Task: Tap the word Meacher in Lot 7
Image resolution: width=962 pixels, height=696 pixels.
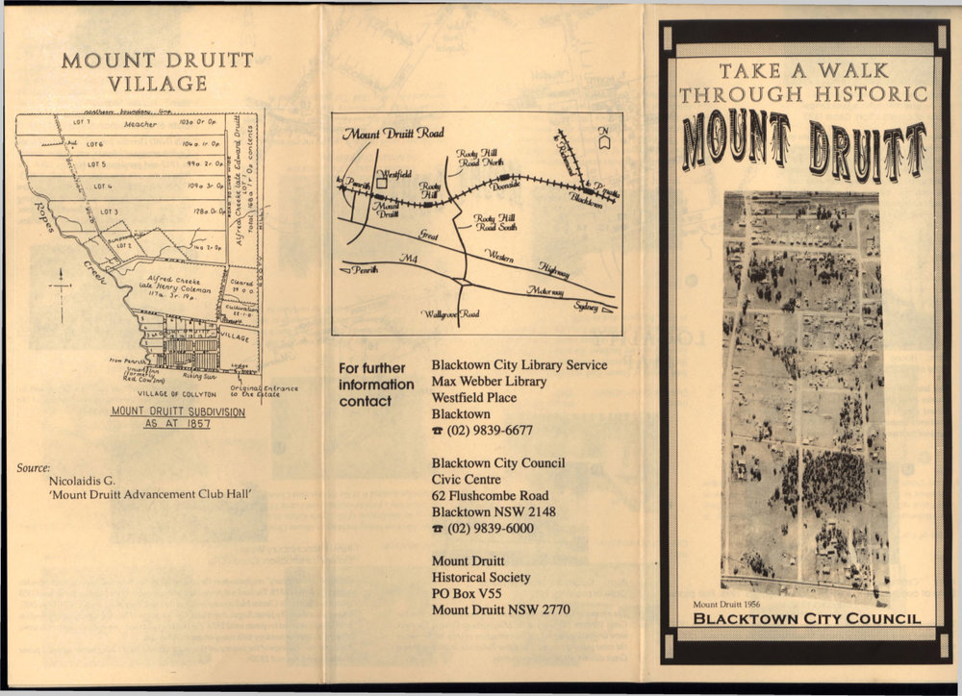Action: [x=139, y=124]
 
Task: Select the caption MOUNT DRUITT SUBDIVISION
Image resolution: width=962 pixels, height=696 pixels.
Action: [x=177, y=411]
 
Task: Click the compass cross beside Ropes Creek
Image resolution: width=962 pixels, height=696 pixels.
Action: [x=61, y=286]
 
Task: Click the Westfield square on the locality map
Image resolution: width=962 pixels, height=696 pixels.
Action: [x=382, y=180]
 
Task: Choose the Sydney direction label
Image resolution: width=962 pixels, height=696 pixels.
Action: [x=586, y=307]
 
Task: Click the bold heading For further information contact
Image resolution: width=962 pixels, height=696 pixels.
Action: [x=376, y=385]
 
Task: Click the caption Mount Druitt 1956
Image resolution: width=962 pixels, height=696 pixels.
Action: [x=733, y=604]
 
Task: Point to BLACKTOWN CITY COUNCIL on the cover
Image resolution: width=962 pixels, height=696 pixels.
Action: [x=806, y=618]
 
